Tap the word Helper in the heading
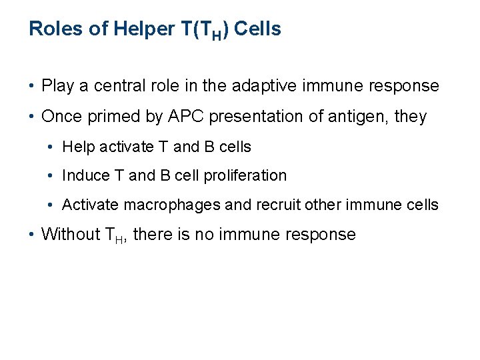click(x=135, y=29)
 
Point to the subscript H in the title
click(x=217, y=34)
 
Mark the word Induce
click(x=82, y=175)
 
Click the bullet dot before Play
click(x=32, y=87)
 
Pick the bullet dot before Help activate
click(x=53, y=147)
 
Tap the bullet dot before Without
click(x=32, y=235)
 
